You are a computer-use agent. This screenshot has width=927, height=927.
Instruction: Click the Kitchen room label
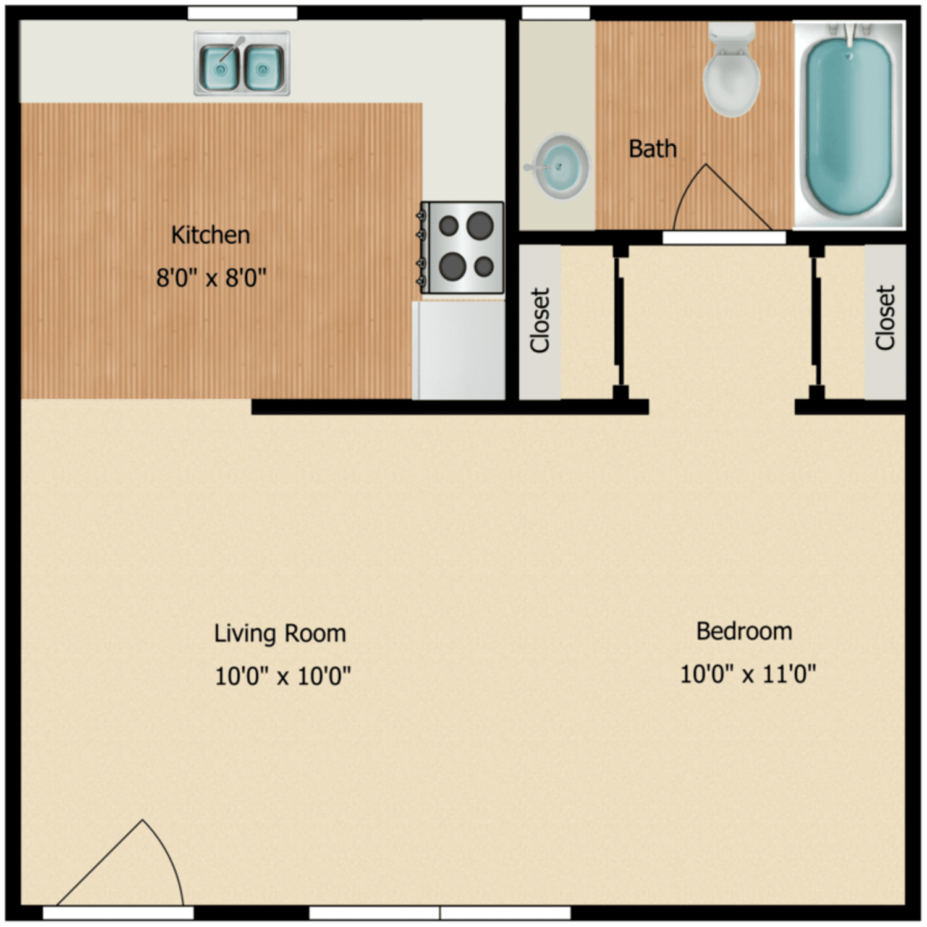[x=210, y=235]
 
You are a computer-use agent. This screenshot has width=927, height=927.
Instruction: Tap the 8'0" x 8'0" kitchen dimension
[x=211, y=277]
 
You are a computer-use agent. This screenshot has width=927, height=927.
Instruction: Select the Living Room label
[x=280, y=633]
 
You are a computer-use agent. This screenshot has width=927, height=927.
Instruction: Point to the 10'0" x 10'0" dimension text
[x=282, y=675]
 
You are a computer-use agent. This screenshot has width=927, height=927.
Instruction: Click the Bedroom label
[x=744, y=631]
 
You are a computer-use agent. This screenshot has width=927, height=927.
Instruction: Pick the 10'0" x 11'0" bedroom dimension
[x=748, y=673]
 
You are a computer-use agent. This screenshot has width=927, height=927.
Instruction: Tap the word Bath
[x=653, y=149]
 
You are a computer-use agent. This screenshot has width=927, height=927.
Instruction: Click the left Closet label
[x=540, y=320]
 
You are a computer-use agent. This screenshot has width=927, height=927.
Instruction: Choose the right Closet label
[x=885, y=318]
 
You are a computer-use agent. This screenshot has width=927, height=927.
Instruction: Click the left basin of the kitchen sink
[x=220, y=67]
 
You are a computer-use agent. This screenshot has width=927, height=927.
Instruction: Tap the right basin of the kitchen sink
[x=264, y=67]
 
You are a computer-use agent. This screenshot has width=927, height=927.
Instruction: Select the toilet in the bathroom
[x=732, y=71]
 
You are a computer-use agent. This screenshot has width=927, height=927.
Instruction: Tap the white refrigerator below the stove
[x=459, y=350]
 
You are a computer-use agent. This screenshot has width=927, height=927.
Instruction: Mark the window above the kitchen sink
[x=242, y=13]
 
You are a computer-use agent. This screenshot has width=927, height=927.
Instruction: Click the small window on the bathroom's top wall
[x=556, y=13]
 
